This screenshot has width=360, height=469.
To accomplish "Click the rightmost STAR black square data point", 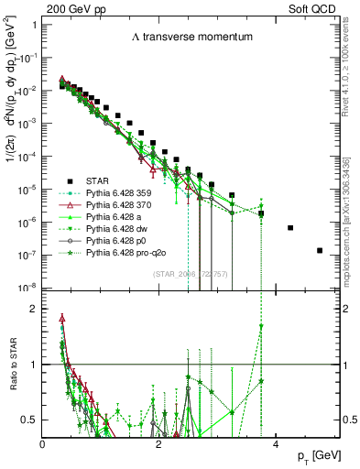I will click(320, 250).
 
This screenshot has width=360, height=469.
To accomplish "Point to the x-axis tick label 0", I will click(43, 444).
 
